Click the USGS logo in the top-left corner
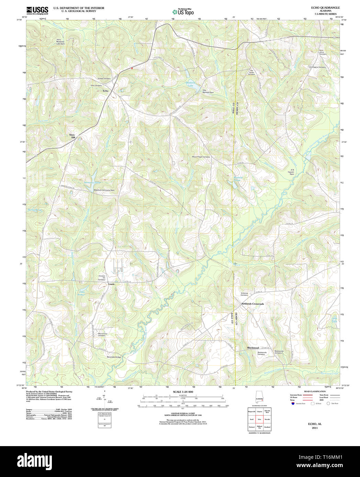[x=37, y=10]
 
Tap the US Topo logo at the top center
[x=183, y=12]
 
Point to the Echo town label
[x=105, y=91]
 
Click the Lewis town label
[x=111, y=284]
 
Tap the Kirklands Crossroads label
[x=252, y=304]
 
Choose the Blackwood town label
[x=253, y=348]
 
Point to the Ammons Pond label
[x=92, y=183]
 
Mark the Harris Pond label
[x=34, y=210]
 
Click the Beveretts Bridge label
[x=114, y=357]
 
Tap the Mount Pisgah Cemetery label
[x=201, y=157]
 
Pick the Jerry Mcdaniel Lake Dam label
[x=60, y=42]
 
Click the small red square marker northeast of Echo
[x=132, y=68]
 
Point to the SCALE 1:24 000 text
[x=183, y=392]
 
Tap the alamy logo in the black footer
[x=35, y=461]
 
